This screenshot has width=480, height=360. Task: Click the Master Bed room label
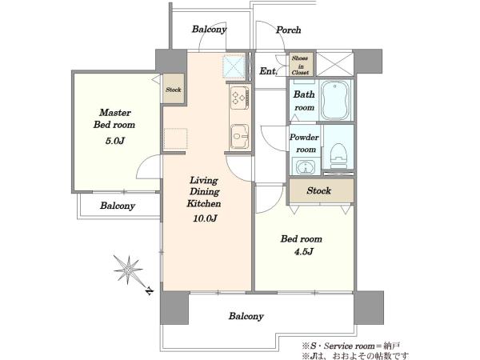click(x=114, y=118)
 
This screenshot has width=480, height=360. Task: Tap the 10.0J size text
click(x=205, y=218)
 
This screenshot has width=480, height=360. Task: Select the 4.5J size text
click(x=304, y=252)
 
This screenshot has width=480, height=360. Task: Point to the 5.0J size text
click(x=115, y=141)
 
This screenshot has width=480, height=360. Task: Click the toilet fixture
click(x=338, y=156)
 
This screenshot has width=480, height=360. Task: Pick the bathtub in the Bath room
click(x=335, y=100)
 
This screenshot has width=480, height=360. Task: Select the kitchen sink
click(x=239, y=137)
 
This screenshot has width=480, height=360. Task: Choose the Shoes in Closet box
click(x=302, y=65)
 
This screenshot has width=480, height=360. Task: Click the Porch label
click(x=288, y=30)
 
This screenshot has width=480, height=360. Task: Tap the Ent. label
click(x=268, y=71)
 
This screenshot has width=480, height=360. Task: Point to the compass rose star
click(x=128, y=270)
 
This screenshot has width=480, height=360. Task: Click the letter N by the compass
click(x=149, y=290)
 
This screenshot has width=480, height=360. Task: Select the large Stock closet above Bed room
click(x=322, y=190)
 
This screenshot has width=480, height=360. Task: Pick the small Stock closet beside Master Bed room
click(x=174, y=89)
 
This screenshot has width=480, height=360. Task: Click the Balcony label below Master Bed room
click(x=118, y=206)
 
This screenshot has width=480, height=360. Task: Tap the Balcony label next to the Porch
click(x=210, y=30)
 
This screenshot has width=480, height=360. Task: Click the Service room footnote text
click(x=351, y=346)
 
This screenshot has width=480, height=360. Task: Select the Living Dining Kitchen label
click(x=204, y=192)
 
